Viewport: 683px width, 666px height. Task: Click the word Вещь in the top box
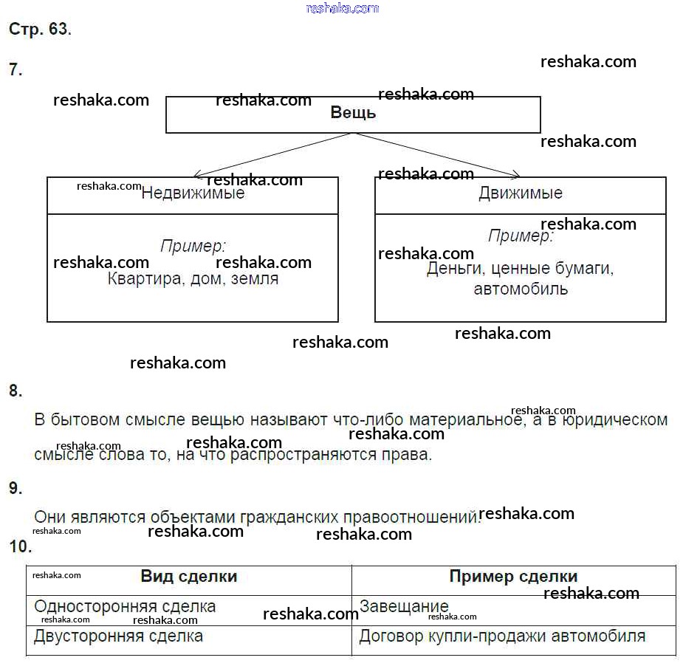353,113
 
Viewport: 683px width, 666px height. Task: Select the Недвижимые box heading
193,193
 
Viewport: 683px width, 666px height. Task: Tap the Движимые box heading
520,193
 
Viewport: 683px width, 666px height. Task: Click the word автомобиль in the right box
521,289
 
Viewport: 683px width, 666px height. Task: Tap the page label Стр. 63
40,30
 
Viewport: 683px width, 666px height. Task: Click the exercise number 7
16,70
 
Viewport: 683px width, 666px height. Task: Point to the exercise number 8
16,391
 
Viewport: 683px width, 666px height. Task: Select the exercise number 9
16,488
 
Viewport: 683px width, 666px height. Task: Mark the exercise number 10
20,547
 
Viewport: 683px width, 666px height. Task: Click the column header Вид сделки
189,577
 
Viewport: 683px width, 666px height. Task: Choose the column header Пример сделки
513,577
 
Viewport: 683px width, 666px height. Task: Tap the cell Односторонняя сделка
125,607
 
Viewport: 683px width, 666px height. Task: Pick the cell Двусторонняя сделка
118,636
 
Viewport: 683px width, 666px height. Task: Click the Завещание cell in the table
404,607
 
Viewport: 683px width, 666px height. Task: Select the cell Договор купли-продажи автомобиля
502,636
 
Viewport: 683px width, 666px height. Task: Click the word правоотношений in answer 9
411,517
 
